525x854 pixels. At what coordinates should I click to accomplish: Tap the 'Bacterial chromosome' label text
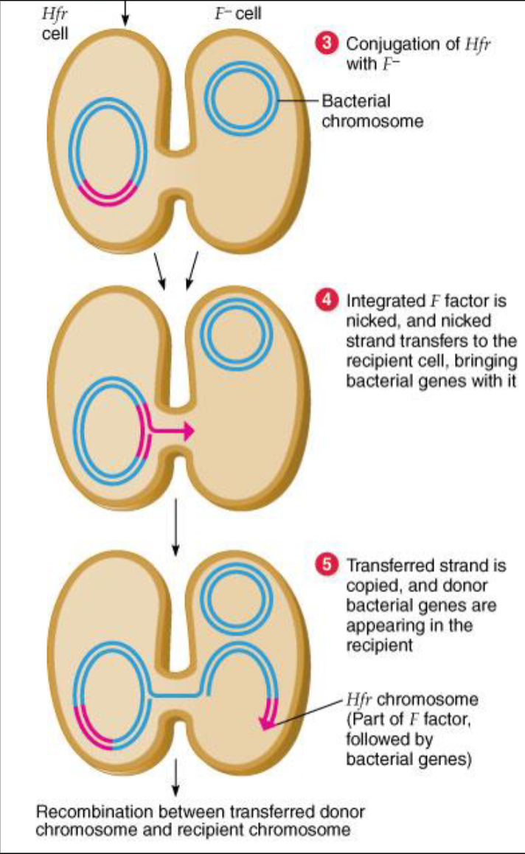[x=372, y=111]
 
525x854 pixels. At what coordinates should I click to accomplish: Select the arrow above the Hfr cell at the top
[x=125, y=13]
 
